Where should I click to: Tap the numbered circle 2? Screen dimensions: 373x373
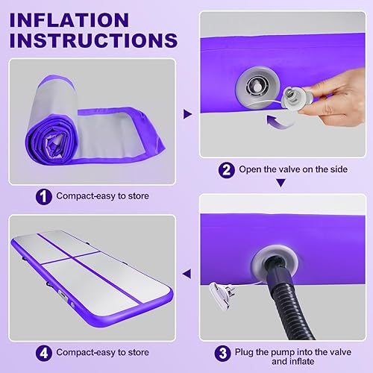[227, 169]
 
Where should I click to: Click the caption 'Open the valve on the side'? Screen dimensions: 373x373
[293, 169]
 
